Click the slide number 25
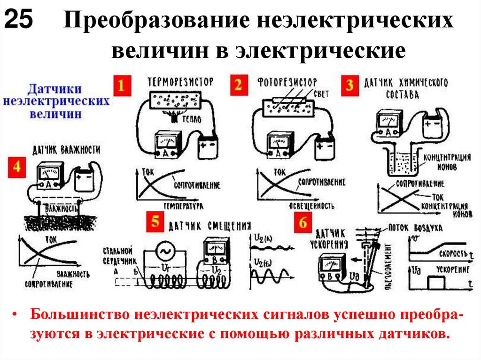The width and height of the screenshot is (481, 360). point(18,20)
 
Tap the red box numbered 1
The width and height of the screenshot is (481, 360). point(121,86)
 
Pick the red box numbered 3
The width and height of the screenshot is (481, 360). point(349,86)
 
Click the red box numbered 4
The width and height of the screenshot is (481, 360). point(17,168)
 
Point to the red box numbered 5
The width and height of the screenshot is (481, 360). point(155,221)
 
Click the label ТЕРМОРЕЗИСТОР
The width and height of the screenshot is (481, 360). point(180,82)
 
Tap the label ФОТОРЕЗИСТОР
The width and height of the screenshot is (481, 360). point(287,82)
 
